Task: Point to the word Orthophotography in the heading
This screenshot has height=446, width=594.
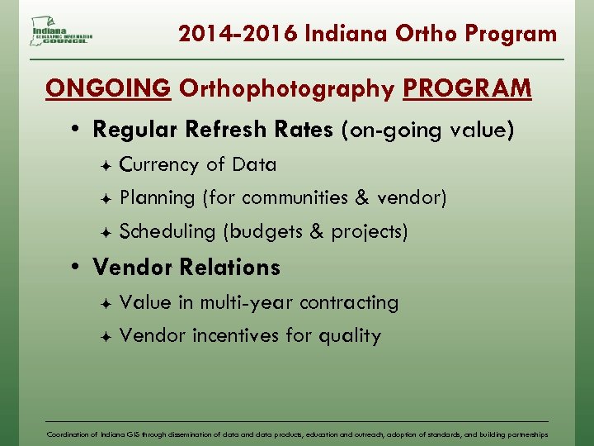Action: [x=287, y=88]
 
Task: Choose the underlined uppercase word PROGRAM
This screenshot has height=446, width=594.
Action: [x=467, y=88]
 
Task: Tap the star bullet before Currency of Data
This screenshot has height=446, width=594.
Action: [x=105, y=165]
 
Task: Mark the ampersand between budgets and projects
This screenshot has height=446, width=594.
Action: [x=317, y=232]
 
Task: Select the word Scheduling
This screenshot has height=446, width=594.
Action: [x=167, y=232]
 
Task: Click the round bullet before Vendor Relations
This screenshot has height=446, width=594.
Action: [x=75, y=268]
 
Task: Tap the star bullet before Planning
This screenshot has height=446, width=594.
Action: [x=105, y=199]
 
